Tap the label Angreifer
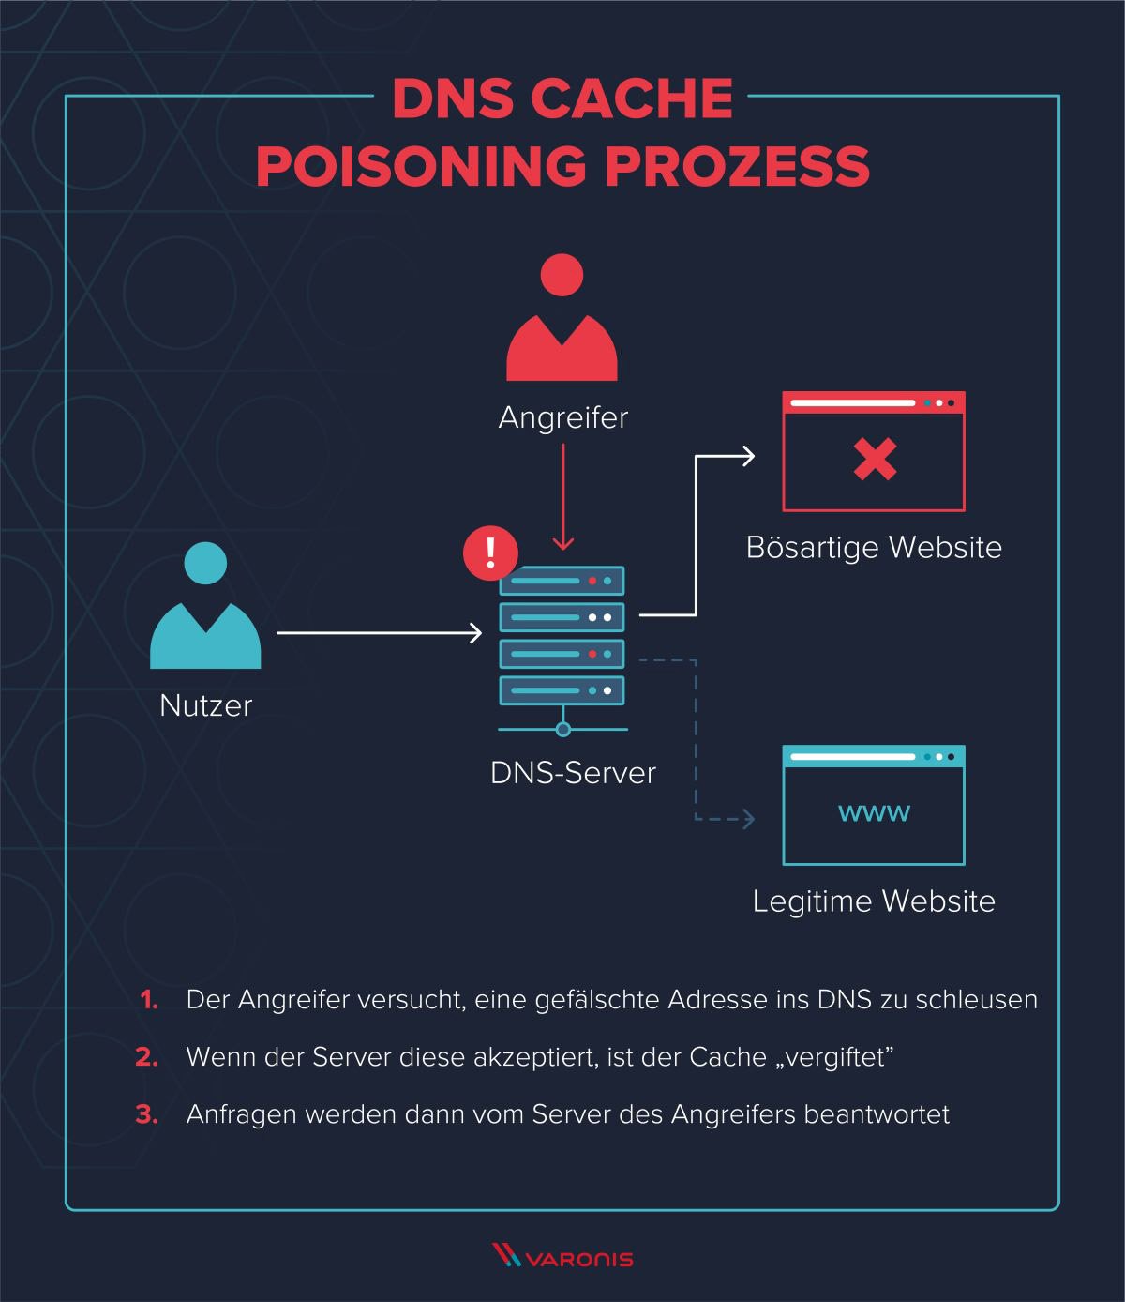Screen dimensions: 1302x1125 (x=562, y=417)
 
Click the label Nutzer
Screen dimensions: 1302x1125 (x=206, y=705)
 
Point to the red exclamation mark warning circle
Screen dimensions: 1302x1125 (x=490, y=553)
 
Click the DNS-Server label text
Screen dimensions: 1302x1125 (x=573, y=773)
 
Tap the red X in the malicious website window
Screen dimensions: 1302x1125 (x=875, y=460)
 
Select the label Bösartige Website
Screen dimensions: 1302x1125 (x=874, y=547)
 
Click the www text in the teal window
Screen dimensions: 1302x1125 (x=874, y=812)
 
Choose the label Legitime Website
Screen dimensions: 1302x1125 (x=874, y=901)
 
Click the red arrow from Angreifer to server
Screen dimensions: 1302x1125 (x=562, y=497)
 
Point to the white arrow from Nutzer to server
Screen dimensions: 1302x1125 (x=379, y=633)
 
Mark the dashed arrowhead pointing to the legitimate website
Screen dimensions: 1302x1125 (x=747, y=819)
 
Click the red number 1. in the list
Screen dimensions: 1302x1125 (x=149, y=1000)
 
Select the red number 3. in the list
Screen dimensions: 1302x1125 (x=147, y=1114)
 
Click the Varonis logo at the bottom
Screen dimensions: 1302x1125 (x=562, y=1257)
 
